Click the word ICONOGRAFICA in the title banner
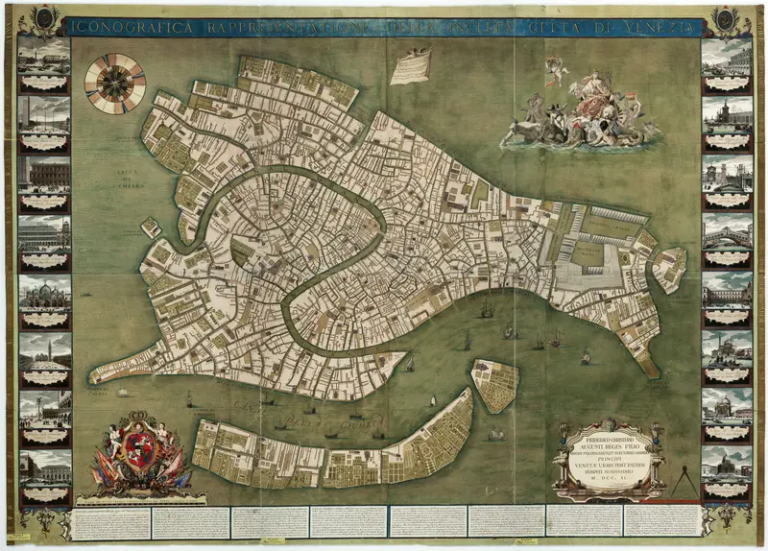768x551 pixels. point(133,27)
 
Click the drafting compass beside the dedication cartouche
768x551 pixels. point(682,476)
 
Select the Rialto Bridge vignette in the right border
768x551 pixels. point(726,235)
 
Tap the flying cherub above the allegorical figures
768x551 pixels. point(556,69)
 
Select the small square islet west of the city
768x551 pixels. point(151,228)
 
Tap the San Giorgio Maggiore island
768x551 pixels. point(495,384)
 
